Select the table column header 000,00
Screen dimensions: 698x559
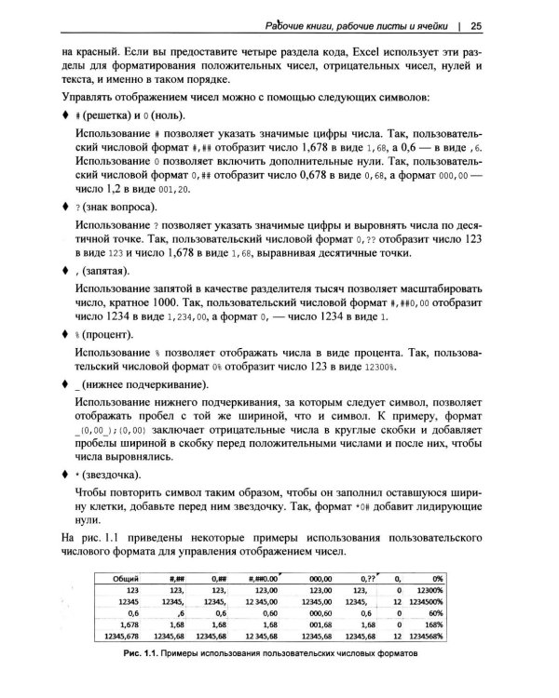pos(320,578)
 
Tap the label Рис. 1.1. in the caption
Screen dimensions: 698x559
pos(141,652)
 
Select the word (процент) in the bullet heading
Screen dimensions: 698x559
pos(107,332)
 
